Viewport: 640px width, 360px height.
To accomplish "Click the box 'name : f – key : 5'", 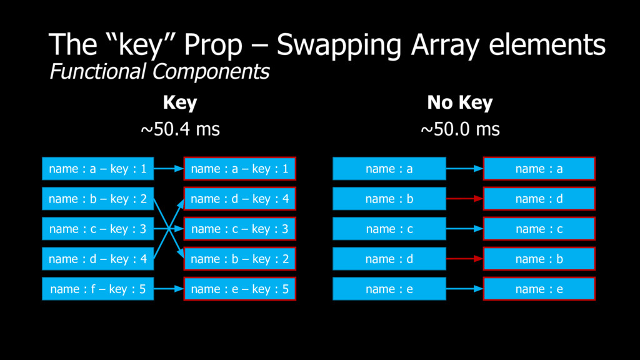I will coord(97,289).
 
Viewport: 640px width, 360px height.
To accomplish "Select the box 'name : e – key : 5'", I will coord(239,289).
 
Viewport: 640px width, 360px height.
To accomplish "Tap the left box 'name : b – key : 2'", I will coord(97,199).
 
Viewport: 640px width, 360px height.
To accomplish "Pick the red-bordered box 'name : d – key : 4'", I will coord(239,199).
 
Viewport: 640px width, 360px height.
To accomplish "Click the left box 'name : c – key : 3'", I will coord(97,229).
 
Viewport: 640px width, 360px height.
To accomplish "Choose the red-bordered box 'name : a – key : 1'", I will coord(239,169).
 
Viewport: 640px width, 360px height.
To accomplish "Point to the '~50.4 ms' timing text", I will coord(180,130).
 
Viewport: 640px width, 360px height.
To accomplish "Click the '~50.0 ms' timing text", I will coord(460,130).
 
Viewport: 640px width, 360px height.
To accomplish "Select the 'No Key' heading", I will coord(460,102).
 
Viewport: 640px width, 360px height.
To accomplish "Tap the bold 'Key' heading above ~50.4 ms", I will coord(180,102).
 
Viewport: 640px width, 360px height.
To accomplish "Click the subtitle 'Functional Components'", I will coord(159,72).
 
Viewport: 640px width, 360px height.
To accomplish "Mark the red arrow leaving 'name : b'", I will coord(464,199).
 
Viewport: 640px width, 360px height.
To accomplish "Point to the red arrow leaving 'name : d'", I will coord(464,259).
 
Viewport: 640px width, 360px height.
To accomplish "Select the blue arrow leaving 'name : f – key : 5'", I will coord(168,289).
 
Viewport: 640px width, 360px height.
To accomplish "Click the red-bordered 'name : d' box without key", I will coord(539,199).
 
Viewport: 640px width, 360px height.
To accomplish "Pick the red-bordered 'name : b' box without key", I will coord(539,259).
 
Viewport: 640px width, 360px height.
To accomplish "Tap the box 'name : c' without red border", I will coord(389,229).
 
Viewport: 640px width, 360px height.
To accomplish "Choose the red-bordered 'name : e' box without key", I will coord(539,289).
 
